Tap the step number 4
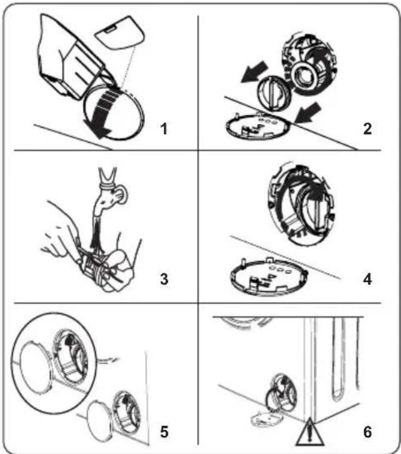pos(367,279)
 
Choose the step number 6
pos(367,431)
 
